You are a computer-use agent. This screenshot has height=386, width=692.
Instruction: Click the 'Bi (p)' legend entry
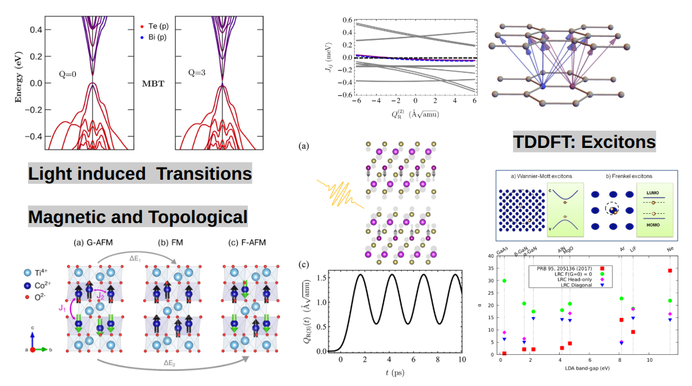pyautogui.click(x=154, y=38)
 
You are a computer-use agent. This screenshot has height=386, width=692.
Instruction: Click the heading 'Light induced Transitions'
pyautogui.click(x=140, y=173)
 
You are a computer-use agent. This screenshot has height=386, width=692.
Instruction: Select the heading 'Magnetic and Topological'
pyautogui.click(x=138, y=217)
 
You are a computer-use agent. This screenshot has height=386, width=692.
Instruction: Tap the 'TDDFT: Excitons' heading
pyautogui.click(x=585, y=142)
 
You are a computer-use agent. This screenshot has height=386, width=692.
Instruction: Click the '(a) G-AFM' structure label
pyautogui.click(x=96, y=242)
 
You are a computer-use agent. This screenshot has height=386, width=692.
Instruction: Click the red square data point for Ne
pyautogui.click(x=669, y=270)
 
